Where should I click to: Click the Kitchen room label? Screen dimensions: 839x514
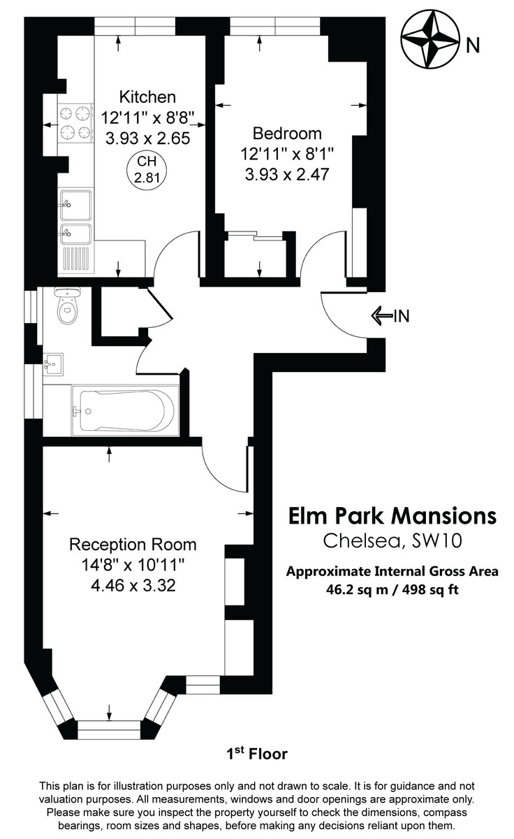click(147, 96)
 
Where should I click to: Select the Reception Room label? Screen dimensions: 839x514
click(132, 544)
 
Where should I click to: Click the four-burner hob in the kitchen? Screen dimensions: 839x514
click(75, 122)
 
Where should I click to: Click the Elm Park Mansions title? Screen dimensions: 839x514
click(392, 516)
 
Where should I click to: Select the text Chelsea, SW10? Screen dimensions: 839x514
click(392, 540)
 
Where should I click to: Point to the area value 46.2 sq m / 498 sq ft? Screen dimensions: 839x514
click(392, 589)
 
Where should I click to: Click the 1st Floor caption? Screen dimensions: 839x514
click(256, 754)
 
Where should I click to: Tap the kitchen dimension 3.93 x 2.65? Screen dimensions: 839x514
click(147, 138)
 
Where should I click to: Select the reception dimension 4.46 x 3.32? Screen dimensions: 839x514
click(132, 585)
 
